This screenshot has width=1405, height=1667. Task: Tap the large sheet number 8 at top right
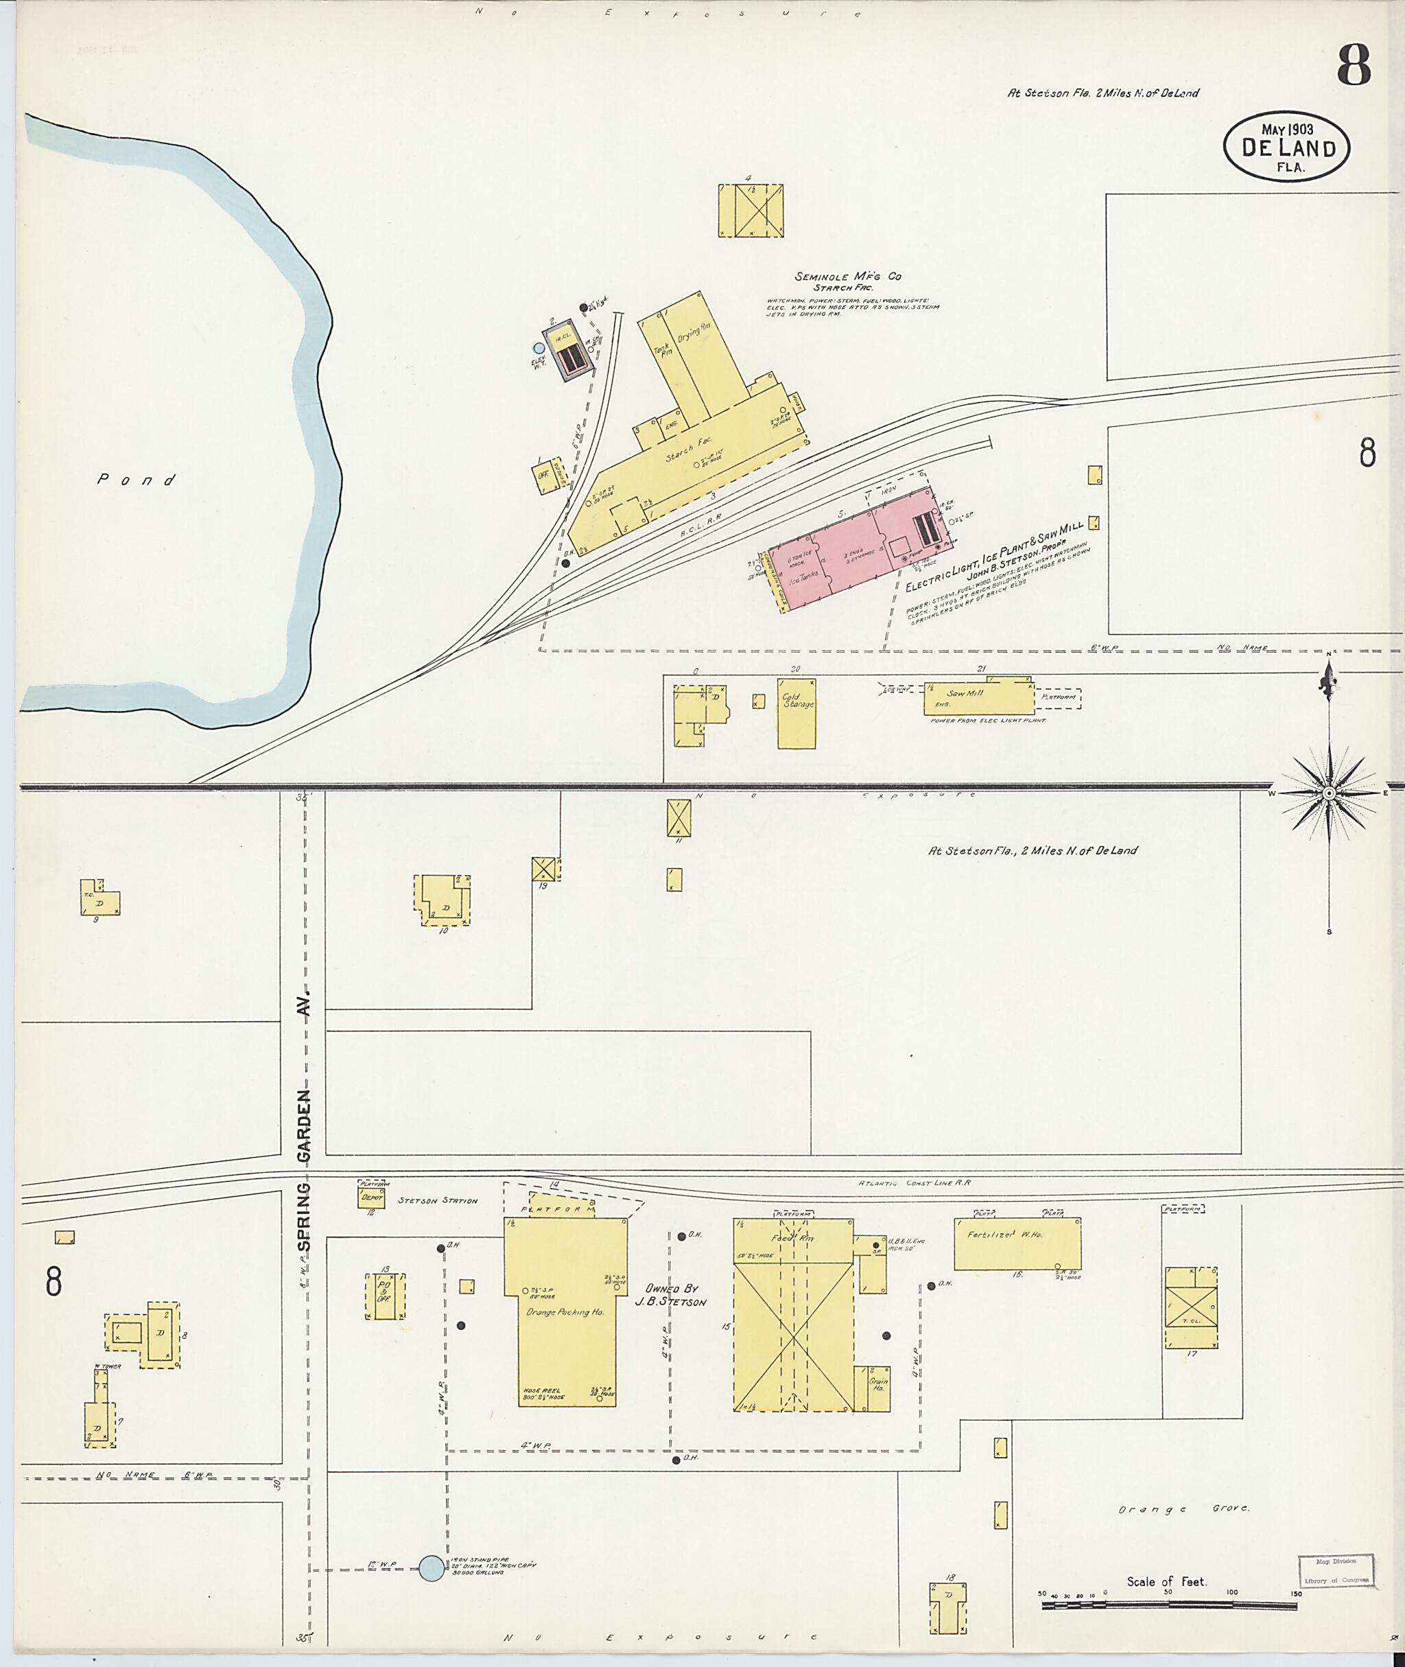pos(1354,65)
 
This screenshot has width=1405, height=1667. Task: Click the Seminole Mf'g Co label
pos(847,277)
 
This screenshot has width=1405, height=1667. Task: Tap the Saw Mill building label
pos(965,693)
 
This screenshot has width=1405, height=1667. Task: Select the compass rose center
pos(1329,793)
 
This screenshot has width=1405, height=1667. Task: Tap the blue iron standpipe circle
pos(432,1568)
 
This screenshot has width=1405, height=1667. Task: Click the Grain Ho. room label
pos(879,1384)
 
